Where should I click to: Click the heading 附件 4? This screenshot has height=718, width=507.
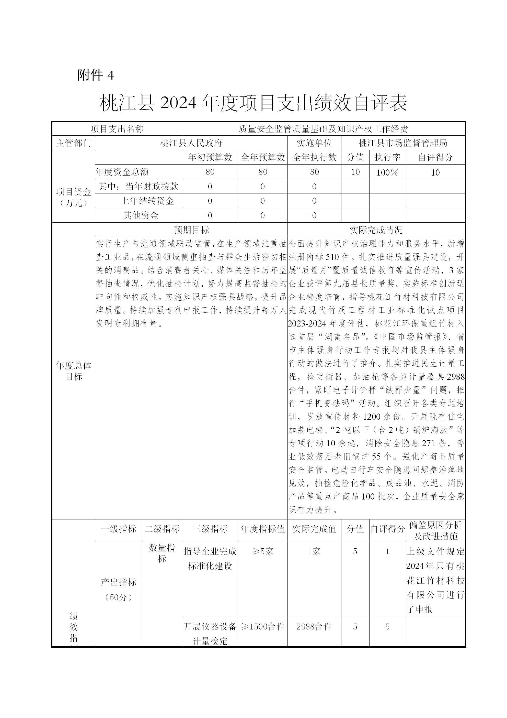96,75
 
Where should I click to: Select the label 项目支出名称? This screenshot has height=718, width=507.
117,129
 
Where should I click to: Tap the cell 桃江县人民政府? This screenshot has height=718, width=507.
191,143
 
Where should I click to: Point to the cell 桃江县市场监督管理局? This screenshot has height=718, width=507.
403,143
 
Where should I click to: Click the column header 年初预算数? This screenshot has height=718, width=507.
210,157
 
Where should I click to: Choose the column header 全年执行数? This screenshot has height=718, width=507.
314,157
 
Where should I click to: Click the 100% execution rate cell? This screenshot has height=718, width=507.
387,172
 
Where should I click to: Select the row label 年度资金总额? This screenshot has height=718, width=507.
122,172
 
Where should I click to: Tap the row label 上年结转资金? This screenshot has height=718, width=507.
147,201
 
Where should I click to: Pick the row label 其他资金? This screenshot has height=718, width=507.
141,215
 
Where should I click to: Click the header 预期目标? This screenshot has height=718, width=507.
191,230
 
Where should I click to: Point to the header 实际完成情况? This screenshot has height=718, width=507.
376,230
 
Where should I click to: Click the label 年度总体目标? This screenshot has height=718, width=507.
73,371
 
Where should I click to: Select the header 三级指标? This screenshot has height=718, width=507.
210,529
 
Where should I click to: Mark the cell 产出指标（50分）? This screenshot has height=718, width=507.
118,590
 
